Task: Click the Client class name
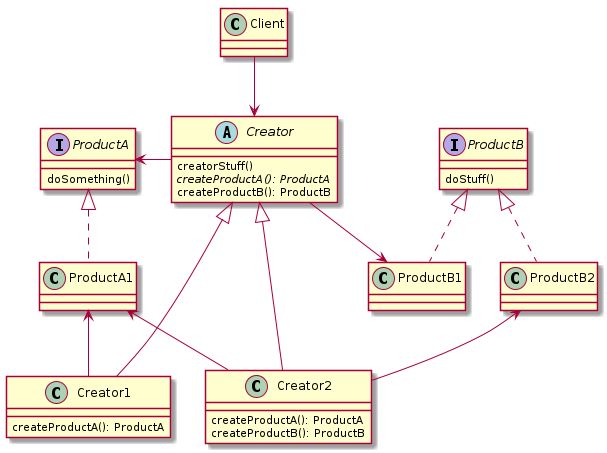[x=265, y=22]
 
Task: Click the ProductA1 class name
[x=101, y=274]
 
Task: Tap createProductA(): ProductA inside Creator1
[x=87, y=428]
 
